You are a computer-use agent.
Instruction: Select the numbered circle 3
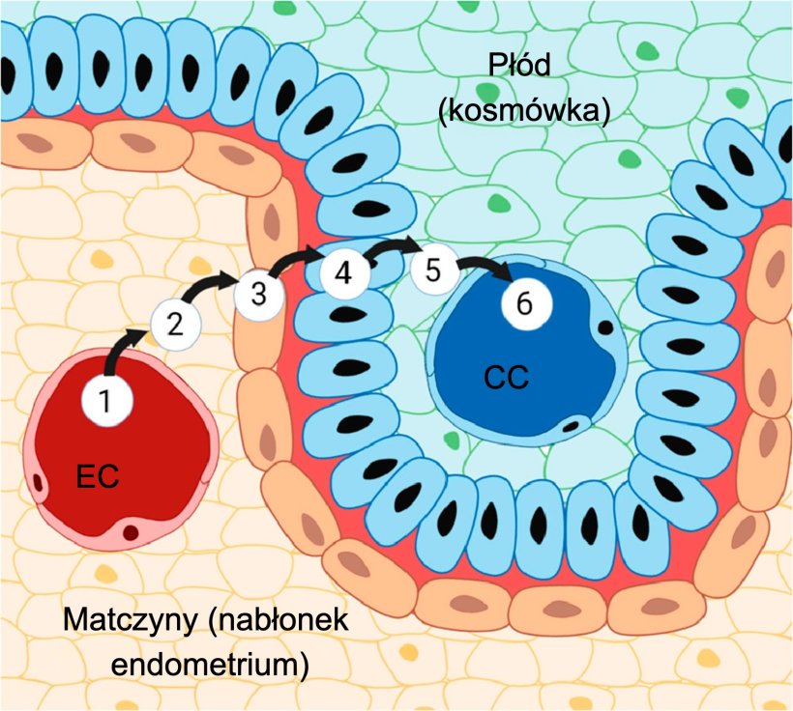pyautogui.click(x=258, y=295)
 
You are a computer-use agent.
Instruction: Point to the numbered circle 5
pyautogui.click(x=433, y=270)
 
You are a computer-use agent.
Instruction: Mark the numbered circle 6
pyautogui.click(x=525, y=302)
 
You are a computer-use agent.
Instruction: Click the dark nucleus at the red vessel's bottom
pyautogui.click(x=131, y=531)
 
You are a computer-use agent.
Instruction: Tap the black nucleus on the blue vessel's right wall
pyautogui.click(x=604, y=327)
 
